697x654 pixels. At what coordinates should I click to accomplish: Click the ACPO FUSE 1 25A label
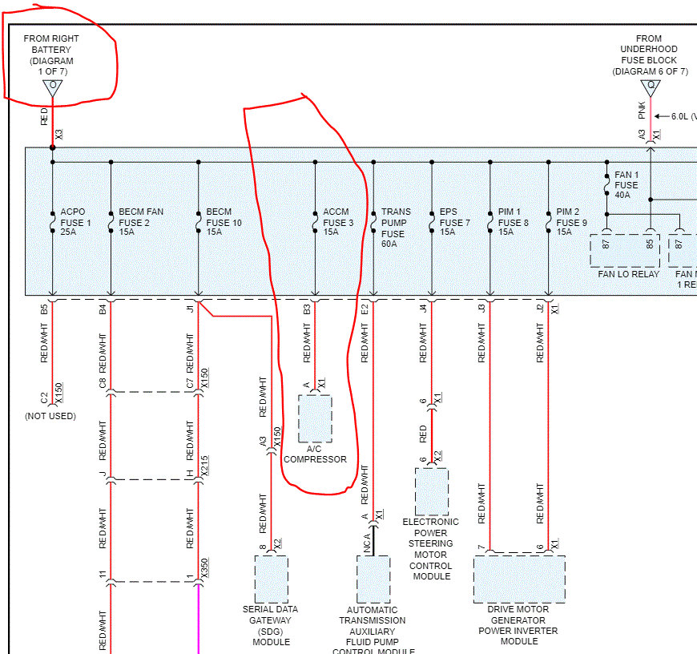(75, 223)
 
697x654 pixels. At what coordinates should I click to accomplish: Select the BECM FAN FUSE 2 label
(141, 223)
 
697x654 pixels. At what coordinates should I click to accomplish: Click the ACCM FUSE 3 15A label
(338, 223)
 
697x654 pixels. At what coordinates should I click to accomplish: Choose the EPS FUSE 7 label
(454, 223)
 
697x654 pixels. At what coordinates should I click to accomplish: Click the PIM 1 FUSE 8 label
(514, 223)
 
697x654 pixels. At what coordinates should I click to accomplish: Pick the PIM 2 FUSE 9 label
(571, 223)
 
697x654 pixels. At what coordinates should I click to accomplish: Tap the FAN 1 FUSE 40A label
(626, 185)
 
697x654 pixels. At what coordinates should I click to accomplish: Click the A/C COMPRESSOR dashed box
(315, 418)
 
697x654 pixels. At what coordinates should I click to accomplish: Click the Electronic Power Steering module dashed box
(432, 491)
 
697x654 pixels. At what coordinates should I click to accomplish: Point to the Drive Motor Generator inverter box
(519, 578)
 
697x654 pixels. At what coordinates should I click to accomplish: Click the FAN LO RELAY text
(628, 274)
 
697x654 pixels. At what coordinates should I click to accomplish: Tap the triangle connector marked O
(53, 87)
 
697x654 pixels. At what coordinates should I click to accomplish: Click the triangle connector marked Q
(650, 87)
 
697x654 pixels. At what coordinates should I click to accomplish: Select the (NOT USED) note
(50, 416)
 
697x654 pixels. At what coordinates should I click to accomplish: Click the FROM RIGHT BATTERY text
(52, 50)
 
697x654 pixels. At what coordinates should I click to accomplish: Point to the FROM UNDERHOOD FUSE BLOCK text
(650, 54)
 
